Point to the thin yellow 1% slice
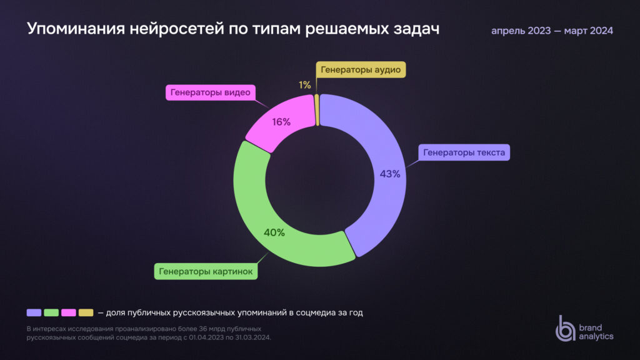317,109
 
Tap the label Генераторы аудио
361,69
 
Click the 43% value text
390,174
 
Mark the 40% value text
274,232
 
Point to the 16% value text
281,122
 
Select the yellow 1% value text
304,84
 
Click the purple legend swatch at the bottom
34,312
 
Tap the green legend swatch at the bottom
51,312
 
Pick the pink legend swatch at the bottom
69,312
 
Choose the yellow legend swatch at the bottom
86,312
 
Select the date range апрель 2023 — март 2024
552,31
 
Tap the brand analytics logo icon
566,328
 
